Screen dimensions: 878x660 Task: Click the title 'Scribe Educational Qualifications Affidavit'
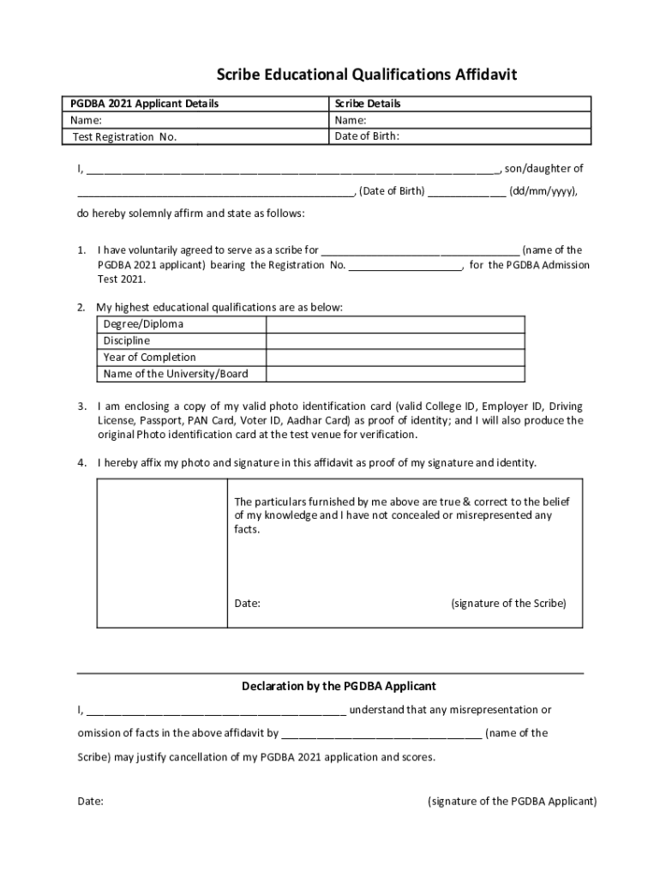point(366,75)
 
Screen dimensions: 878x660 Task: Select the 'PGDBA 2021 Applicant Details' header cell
point(144,104)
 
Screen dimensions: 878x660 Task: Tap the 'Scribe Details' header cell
point(367,104)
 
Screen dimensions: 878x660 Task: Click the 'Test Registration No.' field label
point(124,137)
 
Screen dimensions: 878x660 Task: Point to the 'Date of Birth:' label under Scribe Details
point(367,135)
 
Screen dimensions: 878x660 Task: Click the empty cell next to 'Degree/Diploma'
point(395,324)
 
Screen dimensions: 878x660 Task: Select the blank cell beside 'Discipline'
point(395,340)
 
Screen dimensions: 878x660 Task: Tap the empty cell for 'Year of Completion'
point(395,357)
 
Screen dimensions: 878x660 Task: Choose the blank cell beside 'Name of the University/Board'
point(395,374)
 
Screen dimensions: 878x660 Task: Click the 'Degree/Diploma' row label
point(143,324)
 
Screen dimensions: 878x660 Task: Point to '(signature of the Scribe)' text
point(508,603)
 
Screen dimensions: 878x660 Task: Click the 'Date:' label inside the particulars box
point(248,603)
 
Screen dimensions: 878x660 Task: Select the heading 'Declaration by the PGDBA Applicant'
point(339,686)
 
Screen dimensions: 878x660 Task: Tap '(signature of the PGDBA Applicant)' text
point(512,801)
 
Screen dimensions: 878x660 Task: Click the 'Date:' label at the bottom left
point(91,801)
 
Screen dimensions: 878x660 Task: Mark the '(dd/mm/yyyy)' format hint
point(543,191)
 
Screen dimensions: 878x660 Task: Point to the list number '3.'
point(82,406)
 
